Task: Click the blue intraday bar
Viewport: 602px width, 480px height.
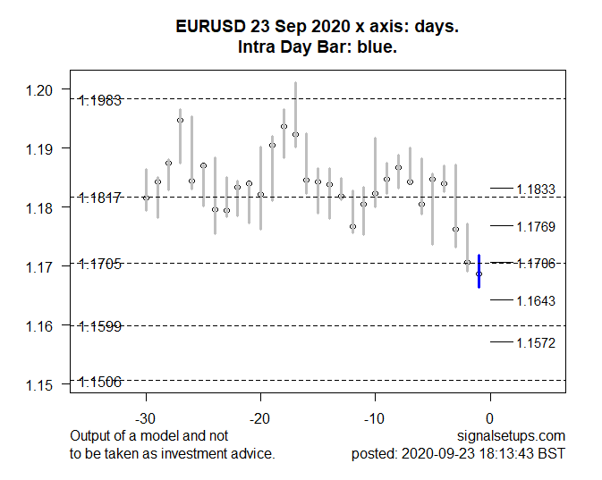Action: pos(479,271)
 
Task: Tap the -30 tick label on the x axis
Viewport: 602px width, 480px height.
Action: pos(146,418)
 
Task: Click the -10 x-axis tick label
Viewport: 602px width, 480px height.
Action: pos(375,418)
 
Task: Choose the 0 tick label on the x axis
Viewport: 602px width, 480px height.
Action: pos(489,418)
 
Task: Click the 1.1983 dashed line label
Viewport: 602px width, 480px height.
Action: pos(100,101)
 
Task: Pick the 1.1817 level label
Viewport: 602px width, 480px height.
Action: pos(100,198)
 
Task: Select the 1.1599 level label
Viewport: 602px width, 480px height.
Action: pos(100,327)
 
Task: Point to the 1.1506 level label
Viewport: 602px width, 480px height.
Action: pos(100,383)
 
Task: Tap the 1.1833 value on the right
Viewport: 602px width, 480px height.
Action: pos(537,189)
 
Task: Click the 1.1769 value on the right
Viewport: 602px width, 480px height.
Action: pos(537,227)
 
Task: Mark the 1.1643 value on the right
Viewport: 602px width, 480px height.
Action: pos(537,301)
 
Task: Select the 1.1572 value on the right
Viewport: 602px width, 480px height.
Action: pos(537,343)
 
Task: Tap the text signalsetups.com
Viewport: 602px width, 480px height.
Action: pos(511,436)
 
